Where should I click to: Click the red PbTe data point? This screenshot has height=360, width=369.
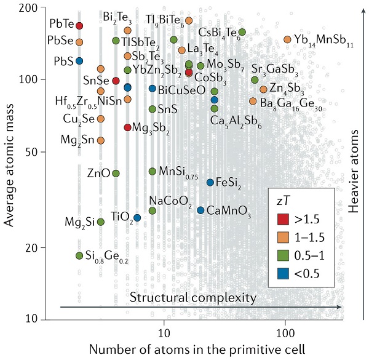click(x=79, y=25)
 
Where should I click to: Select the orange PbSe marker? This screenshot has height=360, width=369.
click(x=79, y=42)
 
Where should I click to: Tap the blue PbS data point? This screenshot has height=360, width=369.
click(x=79, y=60)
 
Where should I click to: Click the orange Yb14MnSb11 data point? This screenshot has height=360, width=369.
click(x=287, y=39)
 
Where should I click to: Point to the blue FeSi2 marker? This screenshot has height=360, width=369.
click(x=210, y=182)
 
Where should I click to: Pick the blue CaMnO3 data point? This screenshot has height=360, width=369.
click(x=200, y=210)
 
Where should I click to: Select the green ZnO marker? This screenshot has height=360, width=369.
click(x=116, y=173)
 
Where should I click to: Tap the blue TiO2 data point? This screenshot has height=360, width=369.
click(x=138, y=218)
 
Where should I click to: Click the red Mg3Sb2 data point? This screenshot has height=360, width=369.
click(x=127, y=127)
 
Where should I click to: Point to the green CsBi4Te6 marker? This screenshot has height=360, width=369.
click(x=242, y=32)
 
